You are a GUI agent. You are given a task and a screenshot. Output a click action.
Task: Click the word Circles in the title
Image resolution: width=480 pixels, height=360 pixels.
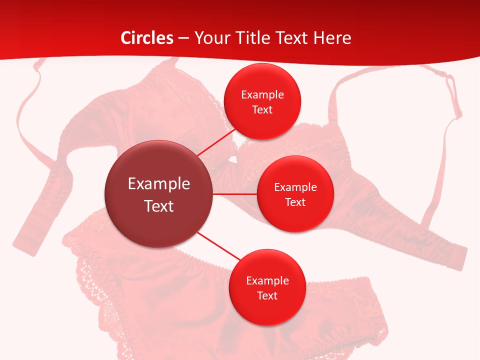point(147,38)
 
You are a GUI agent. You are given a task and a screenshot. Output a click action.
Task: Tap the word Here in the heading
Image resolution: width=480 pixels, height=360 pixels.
point(332,38)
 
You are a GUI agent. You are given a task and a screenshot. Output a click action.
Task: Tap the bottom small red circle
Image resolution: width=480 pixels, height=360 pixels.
point(267,310)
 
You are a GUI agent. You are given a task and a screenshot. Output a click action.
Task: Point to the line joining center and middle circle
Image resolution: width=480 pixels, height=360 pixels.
point(235,193)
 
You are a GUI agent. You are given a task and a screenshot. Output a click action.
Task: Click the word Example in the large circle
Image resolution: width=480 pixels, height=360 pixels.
point(159,184)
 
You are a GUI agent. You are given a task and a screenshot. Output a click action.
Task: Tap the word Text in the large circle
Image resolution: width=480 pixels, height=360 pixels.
point(159,206)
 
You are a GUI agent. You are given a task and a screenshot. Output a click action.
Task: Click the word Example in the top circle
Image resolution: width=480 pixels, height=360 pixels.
point(262,95)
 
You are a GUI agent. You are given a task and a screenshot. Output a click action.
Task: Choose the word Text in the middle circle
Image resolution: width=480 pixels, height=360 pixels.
point(295,202)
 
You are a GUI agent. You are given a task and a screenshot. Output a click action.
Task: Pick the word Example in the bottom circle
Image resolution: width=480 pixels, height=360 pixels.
point(267,281)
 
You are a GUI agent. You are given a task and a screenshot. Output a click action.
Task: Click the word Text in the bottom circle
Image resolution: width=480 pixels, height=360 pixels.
point(267,296)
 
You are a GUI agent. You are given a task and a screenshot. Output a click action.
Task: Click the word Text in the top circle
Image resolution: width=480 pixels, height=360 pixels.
point(262,110)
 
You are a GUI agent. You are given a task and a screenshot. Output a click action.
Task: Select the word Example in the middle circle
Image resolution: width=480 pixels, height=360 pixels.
point(295,187)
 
